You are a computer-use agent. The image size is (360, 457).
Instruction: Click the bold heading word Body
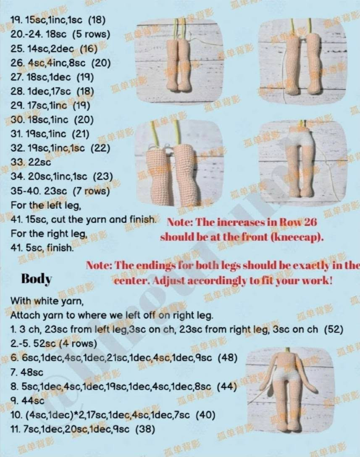[x=37, y=279]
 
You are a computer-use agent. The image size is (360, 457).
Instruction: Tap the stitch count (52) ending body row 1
[x=334, y=329]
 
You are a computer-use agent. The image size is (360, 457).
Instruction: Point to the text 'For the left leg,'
[x=46, y=205]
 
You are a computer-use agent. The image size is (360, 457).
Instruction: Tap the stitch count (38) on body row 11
[x=145, y=429]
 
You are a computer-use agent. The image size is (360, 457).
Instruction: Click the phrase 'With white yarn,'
[x=47, y=301]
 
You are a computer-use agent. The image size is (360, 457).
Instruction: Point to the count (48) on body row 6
[x=228, y=358]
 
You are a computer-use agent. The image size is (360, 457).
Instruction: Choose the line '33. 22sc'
[x=31, y=162]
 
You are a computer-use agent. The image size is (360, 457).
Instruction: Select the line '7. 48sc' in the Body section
[x=27, y=372]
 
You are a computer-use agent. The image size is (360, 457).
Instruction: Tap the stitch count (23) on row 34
[x=103, y=176]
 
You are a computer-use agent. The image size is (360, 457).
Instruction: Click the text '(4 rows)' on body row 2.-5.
[x=78, y=343]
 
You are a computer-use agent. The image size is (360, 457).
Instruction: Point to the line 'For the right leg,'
[x=49, y=234]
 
